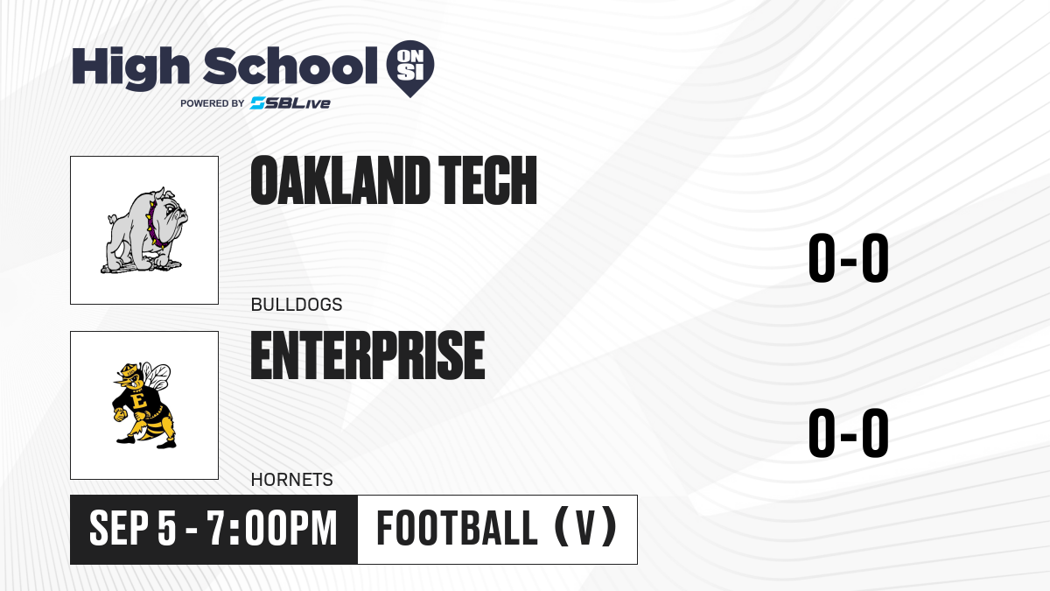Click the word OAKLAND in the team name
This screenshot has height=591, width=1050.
click(340, 180)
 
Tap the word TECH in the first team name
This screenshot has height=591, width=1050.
click(488, 180)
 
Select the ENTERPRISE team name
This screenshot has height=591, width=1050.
click(368, 355)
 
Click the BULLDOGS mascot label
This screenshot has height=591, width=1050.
click(297, 305)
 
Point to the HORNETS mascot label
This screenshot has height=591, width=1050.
click(292, 480)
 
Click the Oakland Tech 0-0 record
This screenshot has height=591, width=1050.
click(849, 258)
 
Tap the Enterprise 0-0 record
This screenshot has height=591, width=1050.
click(849, 433)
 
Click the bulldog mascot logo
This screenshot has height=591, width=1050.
click(143, 230)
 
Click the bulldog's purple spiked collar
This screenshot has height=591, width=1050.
click(156, 226)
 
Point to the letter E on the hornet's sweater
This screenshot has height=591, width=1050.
click(140, 401)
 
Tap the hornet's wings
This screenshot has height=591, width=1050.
click(157, 376)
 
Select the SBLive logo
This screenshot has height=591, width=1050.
click(290, 103)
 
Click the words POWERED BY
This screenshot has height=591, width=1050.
click(213, 103)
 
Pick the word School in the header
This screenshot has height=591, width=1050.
click(290, 66)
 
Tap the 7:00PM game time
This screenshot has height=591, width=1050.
click(273, 529)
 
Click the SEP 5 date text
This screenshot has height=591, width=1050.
click(133, 529)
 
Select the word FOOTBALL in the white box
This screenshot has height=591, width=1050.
click(457, 529)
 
